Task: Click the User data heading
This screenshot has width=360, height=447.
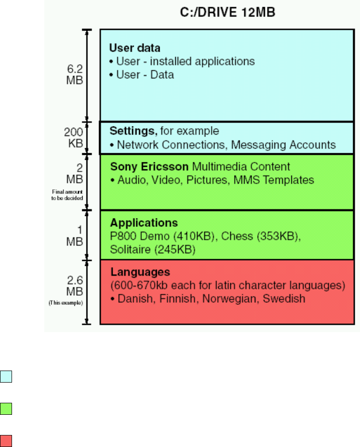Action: [x=135, y=49]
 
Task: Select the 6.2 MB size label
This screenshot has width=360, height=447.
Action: [x=74, y=75]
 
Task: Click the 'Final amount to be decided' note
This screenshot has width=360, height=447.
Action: [x=68, y=195]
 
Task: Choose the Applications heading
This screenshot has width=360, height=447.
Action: [x=144, y=223]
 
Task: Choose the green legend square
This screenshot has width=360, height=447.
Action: [x=6, y=409]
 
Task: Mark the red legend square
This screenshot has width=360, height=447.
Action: [x=6, y=441]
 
